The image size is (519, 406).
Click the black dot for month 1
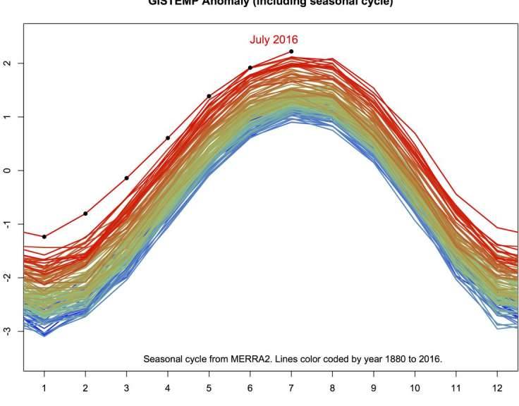tap(44, 237)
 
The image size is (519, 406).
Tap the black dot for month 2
tap(85, 214)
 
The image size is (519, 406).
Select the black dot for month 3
tap(126, 178)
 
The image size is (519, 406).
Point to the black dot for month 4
tap(168, 138)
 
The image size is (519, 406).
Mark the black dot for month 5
tap(209, 96)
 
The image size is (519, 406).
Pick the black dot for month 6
tap(250, 68)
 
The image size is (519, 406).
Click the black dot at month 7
tap(291, 51)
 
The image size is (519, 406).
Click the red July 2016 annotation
tap(273, 39)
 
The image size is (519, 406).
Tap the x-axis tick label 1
tap(44, 387)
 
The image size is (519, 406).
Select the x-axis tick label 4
tap(168, 387)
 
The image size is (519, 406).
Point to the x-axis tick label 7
tap(291, 387)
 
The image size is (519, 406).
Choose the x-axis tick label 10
tap(415, 387)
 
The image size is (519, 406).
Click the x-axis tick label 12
tap(497, 387)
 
